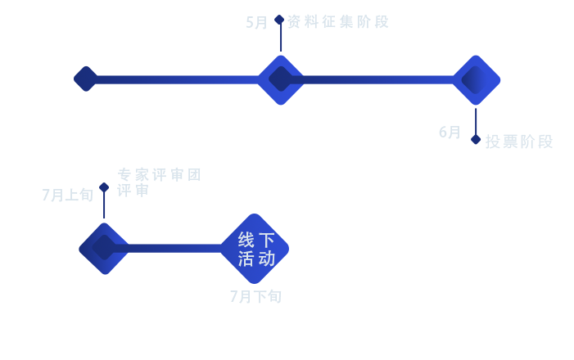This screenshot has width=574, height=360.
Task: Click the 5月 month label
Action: coord(257,22)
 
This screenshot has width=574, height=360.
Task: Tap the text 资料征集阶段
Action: coord(337,21)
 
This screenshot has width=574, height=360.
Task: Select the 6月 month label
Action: coord(450,133)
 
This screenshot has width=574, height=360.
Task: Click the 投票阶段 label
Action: coord(519,142)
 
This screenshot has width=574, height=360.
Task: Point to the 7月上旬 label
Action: coord(66,195)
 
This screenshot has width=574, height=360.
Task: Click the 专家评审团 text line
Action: coord(160,174)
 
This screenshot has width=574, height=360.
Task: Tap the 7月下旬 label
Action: coord(255,296)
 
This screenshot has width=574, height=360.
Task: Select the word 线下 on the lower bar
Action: coord(257,240)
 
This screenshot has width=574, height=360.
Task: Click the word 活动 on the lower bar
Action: coord(257,259)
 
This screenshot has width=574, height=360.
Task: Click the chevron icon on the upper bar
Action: coord(282,79)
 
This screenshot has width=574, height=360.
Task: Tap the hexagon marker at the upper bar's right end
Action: coord(473,79)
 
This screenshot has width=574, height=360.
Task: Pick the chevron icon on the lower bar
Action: coord(106,248)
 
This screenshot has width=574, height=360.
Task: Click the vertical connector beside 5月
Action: coord(279,33)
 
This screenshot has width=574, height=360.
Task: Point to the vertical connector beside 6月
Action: coord(476,126)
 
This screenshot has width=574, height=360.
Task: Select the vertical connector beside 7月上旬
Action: coord(104,196)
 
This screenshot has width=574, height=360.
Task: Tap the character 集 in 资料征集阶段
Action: coord(346,21)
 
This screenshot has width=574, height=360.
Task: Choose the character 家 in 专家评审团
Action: coord(142,174)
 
